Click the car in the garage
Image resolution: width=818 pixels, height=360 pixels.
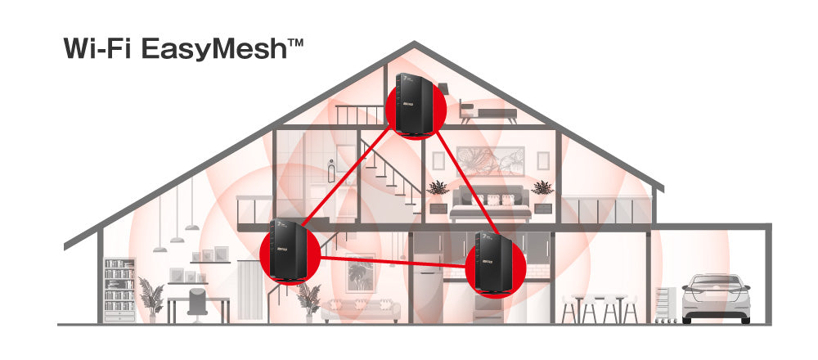tap(716, 296)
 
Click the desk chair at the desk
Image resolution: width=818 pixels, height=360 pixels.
tap(198, 301)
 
